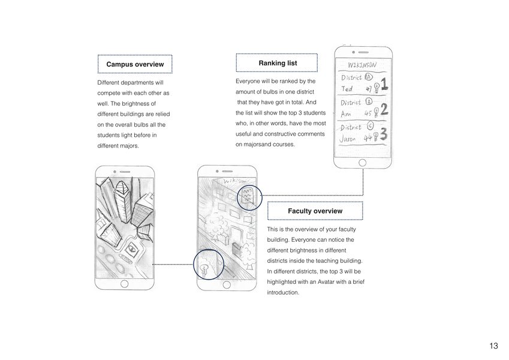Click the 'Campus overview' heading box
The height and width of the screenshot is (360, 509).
click(x=135, y=64)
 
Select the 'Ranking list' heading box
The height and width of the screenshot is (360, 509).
click(x=277, y=63)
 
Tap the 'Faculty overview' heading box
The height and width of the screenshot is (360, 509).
click(x=315, y=211)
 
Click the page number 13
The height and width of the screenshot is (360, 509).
click(x=493, y=346)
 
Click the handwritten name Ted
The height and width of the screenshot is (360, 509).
click(x=347, y=89)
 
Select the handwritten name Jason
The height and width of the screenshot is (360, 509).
click(x=348, y=139)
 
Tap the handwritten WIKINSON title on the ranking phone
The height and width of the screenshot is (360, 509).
click(x=362, y=64)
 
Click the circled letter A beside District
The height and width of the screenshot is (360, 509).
click(x=368, y=77)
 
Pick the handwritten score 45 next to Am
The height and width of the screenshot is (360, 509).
click(x=368, y=113)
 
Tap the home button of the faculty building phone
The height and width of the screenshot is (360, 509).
click(x=227, y=284)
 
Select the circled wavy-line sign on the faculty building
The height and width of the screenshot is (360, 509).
click(x=249, y=196)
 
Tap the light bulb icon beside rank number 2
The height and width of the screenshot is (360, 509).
click(x=376, y=112)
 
